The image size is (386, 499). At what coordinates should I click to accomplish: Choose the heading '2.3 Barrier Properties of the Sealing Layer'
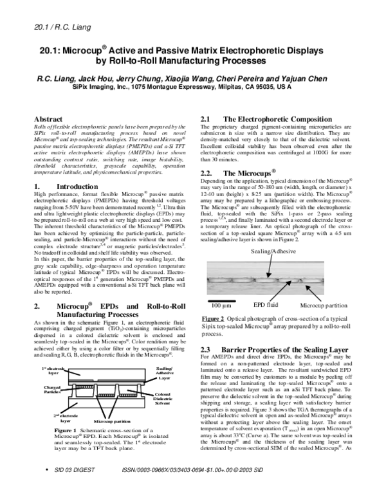(x=257, y=348)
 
